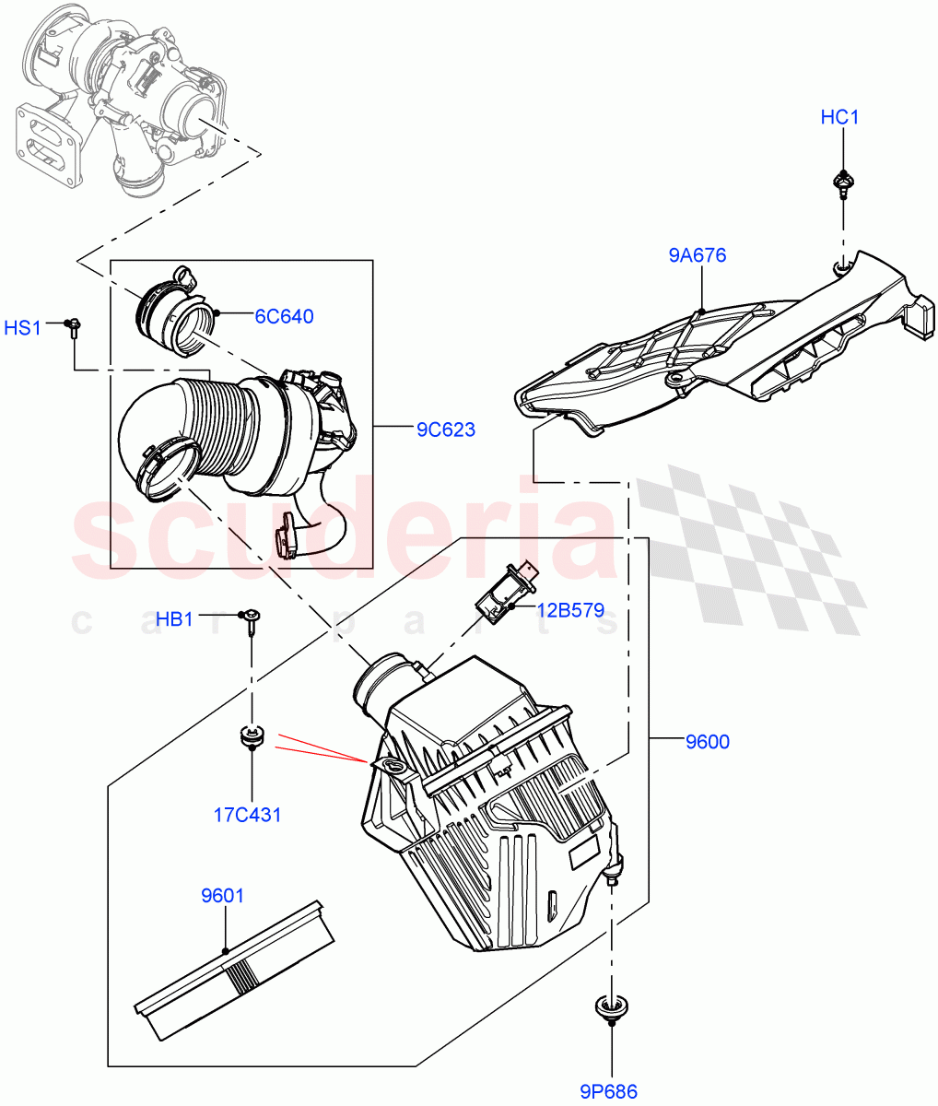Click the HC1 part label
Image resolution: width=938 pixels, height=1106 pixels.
(x=839, y=118)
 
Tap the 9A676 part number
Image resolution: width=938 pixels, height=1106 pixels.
(x=698, y=254)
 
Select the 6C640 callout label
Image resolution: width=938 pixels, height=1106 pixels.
(x=284, y=317)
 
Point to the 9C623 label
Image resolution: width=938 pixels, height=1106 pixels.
(x=445, y=429)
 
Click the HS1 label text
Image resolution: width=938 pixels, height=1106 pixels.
(x=23, y=327)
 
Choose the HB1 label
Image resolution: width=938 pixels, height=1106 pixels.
(x=174, y=619)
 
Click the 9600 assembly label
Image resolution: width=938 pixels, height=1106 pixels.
(x=707, y=742)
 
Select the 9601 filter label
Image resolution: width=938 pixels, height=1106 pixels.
(x=223, y=895)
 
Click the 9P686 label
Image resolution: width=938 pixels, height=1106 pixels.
(x=609, y=1092)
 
